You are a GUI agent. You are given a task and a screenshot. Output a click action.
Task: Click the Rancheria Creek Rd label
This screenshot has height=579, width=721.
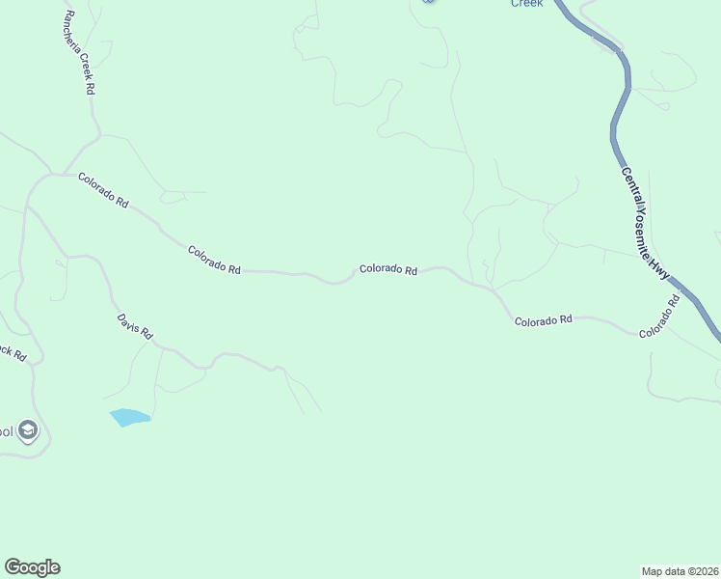click(x=78, y=53)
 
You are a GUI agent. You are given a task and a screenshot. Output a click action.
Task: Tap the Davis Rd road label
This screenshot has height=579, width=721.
click(x=135, y=326)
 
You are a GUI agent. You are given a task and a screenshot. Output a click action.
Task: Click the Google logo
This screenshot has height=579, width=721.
click(x=32, y=567)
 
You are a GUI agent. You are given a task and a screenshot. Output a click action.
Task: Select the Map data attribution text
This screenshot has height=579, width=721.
click(x=680, y=570)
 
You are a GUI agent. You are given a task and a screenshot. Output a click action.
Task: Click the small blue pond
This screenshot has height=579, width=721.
click(x=129, y=417)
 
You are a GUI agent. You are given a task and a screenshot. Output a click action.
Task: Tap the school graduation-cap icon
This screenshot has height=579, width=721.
click(x=28, y=430)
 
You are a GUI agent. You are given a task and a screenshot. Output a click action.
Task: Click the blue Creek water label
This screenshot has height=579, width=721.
click(x=526, y=3)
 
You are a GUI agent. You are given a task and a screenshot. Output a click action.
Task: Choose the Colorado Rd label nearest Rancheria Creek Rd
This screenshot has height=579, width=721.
click(x=103, y=190)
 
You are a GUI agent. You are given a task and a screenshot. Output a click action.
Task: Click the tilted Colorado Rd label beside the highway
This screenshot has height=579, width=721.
click(x=659, y=316)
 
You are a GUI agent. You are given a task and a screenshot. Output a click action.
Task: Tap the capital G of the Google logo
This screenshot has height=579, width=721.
click(x=13, y=567)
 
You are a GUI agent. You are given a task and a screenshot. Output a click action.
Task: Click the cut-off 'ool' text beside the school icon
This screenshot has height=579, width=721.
click(x=6, y=431)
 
